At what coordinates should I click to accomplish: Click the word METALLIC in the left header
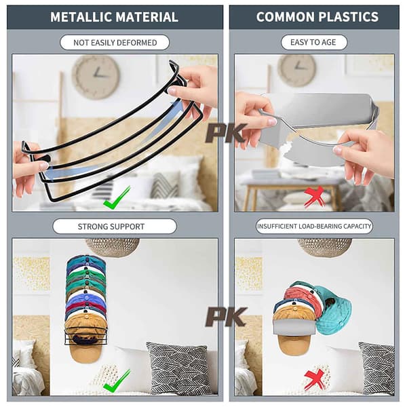[x=81, y=17]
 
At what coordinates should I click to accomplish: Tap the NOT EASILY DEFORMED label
[x=115, y=42]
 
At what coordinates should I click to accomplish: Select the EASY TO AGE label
[x=313, y=42]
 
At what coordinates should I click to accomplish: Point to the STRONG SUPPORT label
[x=115, y=227]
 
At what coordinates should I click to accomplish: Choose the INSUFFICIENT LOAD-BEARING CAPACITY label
[x=314, y=226]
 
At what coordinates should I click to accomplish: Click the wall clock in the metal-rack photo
[x=96, y=77]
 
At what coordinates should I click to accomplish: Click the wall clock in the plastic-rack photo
[x=297, y=71]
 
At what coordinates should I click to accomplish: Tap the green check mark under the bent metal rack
[x=116, y=198]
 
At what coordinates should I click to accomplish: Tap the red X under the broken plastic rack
[x=315, y=197]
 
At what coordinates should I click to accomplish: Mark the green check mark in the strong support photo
[x=116, y=381]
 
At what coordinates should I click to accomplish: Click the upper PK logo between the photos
[x=226, y=133]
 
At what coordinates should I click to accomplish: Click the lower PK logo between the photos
[x=226, y=317]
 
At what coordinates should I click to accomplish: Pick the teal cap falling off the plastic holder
[x=333, y=311]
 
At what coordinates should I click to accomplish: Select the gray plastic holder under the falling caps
[x=294, y=327]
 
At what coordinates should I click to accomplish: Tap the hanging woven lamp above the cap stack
[x=113, y=248]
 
